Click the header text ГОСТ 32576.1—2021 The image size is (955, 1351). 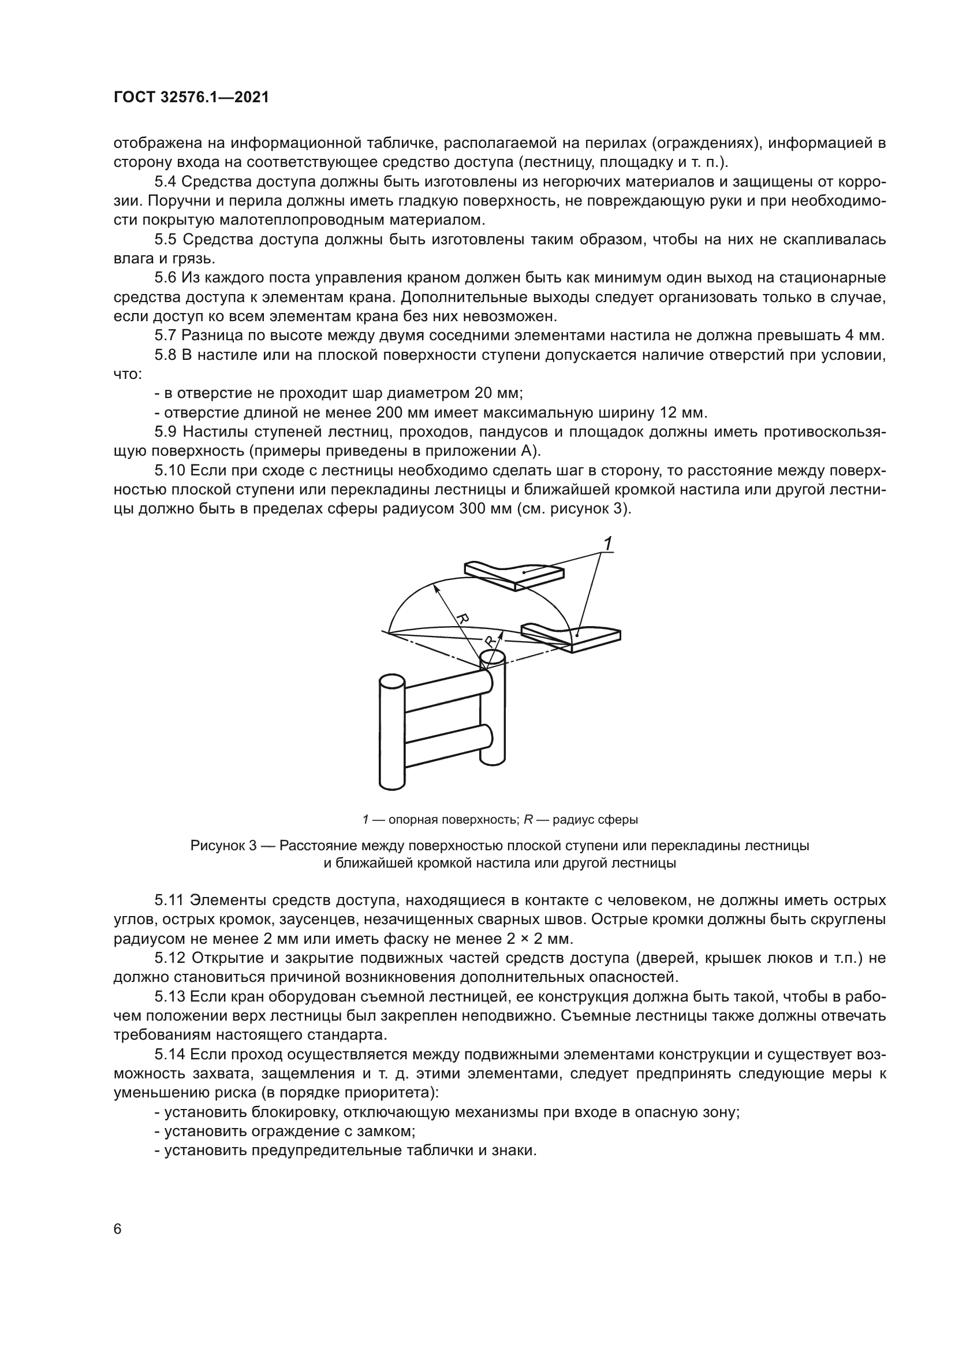click(191, 98)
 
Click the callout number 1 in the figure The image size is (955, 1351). click(608, 544)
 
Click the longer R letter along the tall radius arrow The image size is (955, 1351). click(463, 619)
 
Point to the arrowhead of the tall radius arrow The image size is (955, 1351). click(436, 586)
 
